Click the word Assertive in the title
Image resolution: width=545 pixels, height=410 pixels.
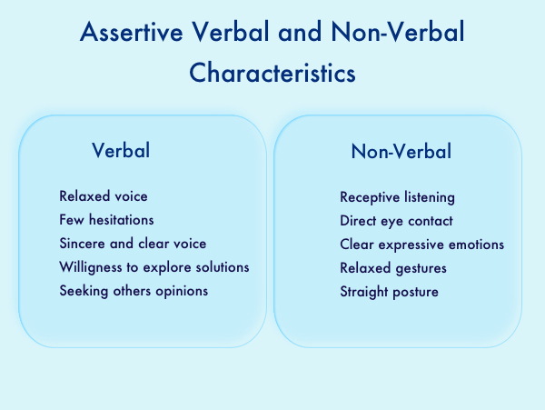(x=132, y=32)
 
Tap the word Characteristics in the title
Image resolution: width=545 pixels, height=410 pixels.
(x=272, y=73)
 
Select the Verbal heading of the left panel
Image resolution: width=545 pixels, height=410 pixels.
(x=121, y=150)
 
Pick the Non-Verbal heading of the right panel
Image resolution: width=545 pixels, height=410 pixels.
(x=401, y=151)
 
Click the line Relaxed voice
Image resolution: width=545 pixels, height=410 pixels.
(x=104, y=196)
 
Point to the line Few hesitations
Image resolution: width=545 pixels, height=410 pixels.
(x=106, y=220)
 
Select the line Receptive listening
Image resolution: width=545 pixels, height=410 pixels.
(x=397, y=197)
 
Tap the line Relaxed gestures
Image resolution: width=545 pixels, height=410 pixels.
(x=393, y=268)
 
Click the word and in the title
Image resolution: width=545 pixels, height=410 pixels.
(x=300, y=32)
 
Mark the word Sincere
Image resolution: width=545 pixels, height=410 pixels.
(x=82, y=244)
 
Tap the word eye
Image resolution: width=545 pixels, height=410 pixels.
(x=392, y=222)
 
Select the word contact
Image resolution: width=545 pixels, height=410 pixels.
(x=431, y=221)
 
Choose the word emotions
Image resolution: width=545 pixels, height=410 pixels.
(x=476, y=245)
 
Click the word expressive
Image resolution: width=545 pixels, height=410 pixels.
(x=411, y=245)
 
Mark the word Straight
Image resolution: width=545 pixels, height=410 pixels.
(x=364, y=292)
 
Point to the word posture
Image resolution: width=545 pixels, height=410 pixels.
(x=415, y=293)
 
